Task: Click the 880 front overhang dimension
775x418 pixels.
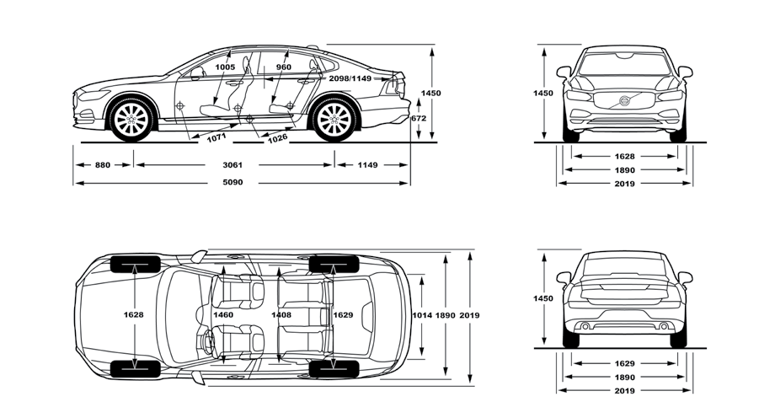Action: tap(102, 165)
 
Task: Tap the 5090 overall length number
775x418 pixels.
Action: tap(233, 183)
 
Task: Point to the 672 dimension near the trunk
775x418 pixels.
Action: tap(419, 119)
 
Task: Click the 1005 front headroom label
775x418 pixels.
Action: tap(224, 67)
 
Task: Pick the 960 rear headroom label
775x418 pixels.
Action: tap(283, 67)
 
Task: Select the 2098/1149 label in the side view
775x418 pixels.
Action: tap(350, 78)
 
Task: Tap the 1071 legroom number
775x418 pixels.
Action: tap(217, 135)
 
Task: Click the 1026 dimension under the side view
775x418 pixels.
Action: tap(277, 138)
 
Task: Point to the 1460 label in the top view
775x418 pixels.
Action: tap(223, 315)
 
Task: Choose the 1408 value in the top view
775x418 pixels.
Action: tap(281, 315)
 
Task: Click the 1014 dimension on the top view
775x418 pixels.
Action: tap(422, 315)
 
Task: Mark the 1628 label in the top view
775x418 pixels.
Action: tap(133, 315)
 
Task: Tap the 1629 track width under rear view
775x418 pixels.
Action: tap(624, 364)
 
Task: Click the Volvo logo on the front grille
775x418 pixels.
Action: tap(624, 101)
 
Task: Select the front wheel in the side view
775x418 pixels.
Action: tap(131, 120)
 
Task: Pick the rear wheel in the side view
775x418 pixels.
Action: tap(333, 120)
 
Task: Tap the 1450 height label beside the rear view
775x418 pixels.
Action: tap(543, 298)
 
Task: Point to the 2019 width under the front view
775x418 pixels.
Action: tap(624, 183)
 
